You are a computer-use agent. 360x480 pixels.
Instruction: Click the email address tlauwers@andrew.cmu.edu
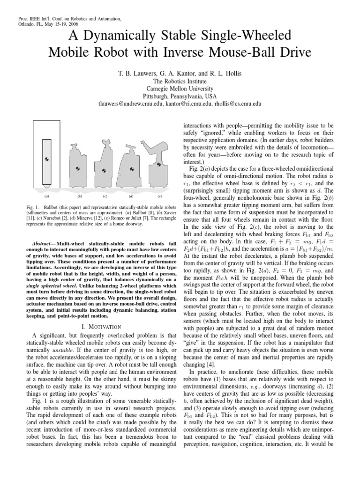130,104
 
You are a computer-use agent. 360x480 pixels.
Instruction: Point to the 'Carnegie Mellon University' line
180,88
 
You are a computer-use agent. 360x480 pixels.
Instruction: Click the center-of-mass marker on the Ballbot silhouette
46,159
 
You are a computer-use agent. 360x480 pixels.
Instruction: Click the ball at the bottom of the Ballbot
46,186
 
